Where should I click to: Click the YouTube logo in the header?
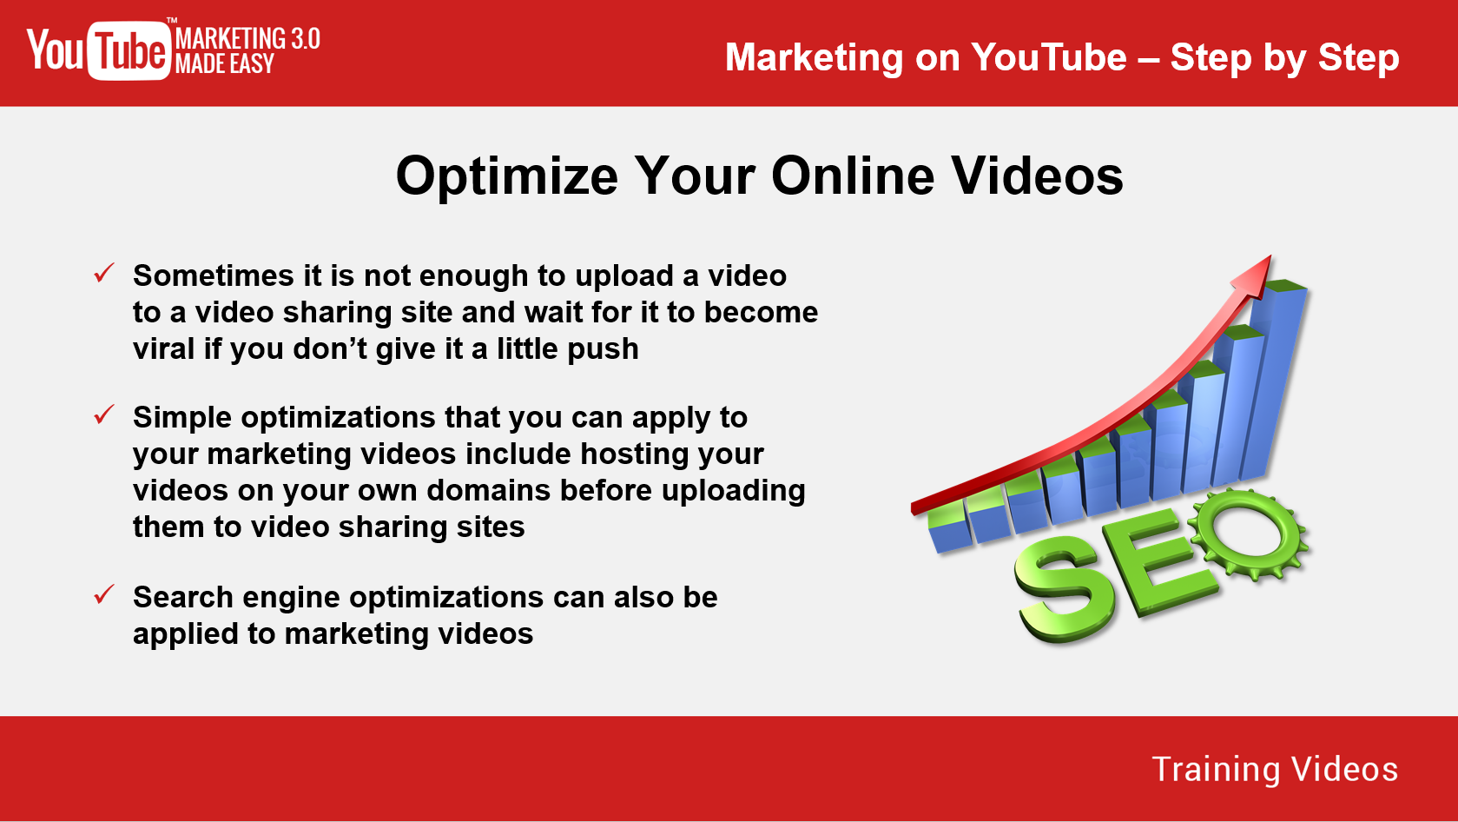pyautogui.click(x=98, y=50)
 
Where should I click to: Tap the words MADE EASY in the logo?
pyautogui.click(x=225, y=63)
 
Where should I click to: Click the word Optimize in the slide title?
pyautogui.click(x=507, y=176)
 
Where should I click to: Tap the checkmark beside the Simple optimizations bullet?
pyautogui.click(x=104, y=414)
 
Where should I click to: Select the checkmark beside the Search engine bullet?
pyautogui.click(x=104, y=593)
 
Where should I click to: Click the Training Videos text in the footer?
pyautogui.click(x=1275, y=769)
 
